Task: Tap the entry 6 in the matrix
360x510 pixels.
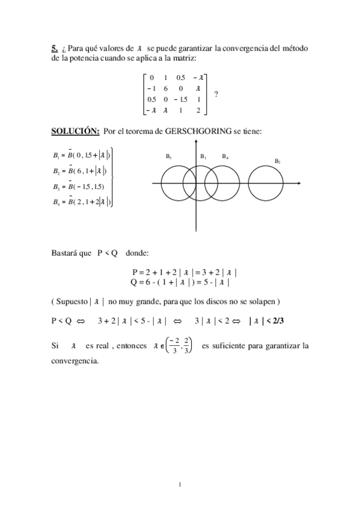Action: point(165,88)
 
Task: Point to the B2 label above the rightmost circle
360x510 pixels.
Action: point(278,161)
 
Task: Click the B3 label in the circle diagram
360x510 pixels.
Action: point(169,156)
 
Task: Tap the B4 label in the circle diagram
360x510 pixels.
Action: point(225,156)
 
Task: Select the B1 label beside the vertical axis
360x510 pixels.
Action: point(204,156)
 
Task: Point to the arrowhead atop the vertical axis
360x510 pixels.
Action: point(196,143)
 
